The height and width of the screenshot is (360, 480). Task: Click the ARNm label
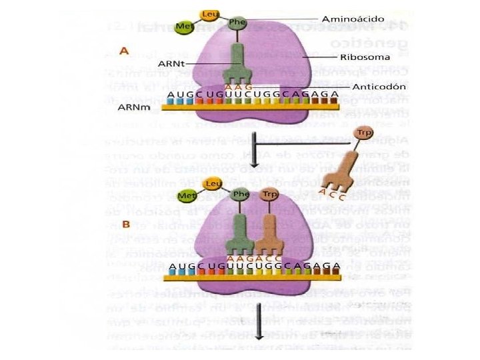pos(131,105)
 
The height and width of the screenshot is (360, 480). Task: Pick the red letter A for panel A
pos(123,49)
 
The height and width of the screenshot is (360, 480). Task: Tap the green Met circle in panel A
pos(183,27)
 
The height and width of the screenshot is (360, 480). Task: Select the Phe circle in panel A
pos(237,22)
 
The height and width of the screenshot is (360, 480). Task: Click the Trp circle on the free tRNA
pos(363,133)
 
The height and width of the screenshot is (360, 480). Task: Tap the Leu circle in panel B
pos(214,183)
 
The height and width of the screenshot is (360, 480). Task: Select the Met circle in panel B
pos(187,196)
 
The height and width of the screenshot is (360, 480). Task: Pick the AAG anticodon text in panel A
pos(239,87)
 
